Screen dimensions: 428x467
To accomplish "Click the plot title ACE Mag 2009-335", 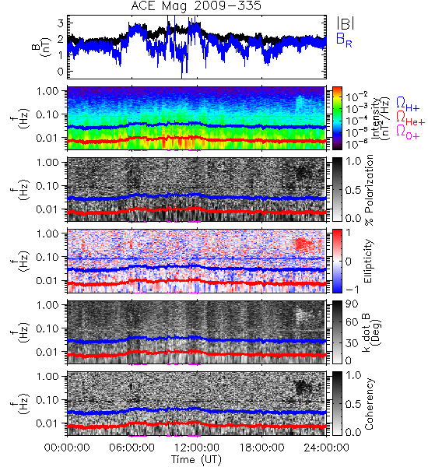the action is point(196,5).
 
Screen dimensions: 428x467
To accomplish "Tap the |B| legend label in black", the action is point(346,23).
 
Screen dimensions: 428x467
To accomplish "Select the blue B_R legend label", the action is point(344,40).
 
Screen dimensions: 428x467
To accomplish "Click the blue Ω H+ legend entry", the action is point(408,104).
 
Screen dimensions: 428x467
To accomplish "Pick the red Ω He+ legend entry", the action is point(410,118).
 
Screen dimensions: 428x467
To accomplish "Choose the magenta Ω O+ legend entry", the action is point(408,132).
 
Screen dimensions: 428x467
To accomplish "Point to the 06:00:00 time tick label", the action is point(132,448).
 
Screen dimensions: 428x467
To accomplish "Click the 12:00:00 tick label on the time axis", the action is point(197,448).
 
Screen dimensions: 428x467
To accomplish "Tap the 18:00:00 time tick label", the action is point(261,448).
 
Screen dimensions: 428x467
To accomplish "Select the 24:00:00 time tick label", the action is point(326,448).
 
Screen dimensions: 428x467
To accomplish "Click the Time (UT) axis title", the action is point(196,460).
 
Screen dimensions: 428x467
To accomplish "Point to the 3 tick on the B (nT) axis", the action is point(61,23).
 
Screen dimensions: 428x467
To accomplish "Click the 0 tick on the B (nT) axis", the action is point(61,72).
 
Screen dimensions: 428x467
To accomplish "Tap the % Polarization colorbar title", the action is point(369,190).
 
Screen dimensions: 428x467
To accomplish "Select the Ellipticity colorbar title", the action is point(368,262).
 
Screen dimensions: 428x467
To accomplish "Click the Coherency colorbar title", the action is point(369,404).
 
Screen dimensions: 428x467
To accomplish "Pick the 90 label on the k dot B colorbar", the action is point(352,304).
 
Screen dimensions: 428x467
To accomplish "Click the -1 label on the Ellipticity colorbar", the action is point(353,290).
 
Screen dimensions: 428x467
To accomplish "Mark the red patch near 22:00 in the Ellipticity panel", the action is point(303,244).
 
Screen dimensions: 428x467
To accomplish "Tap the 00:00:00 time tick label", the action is point(67,448).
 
